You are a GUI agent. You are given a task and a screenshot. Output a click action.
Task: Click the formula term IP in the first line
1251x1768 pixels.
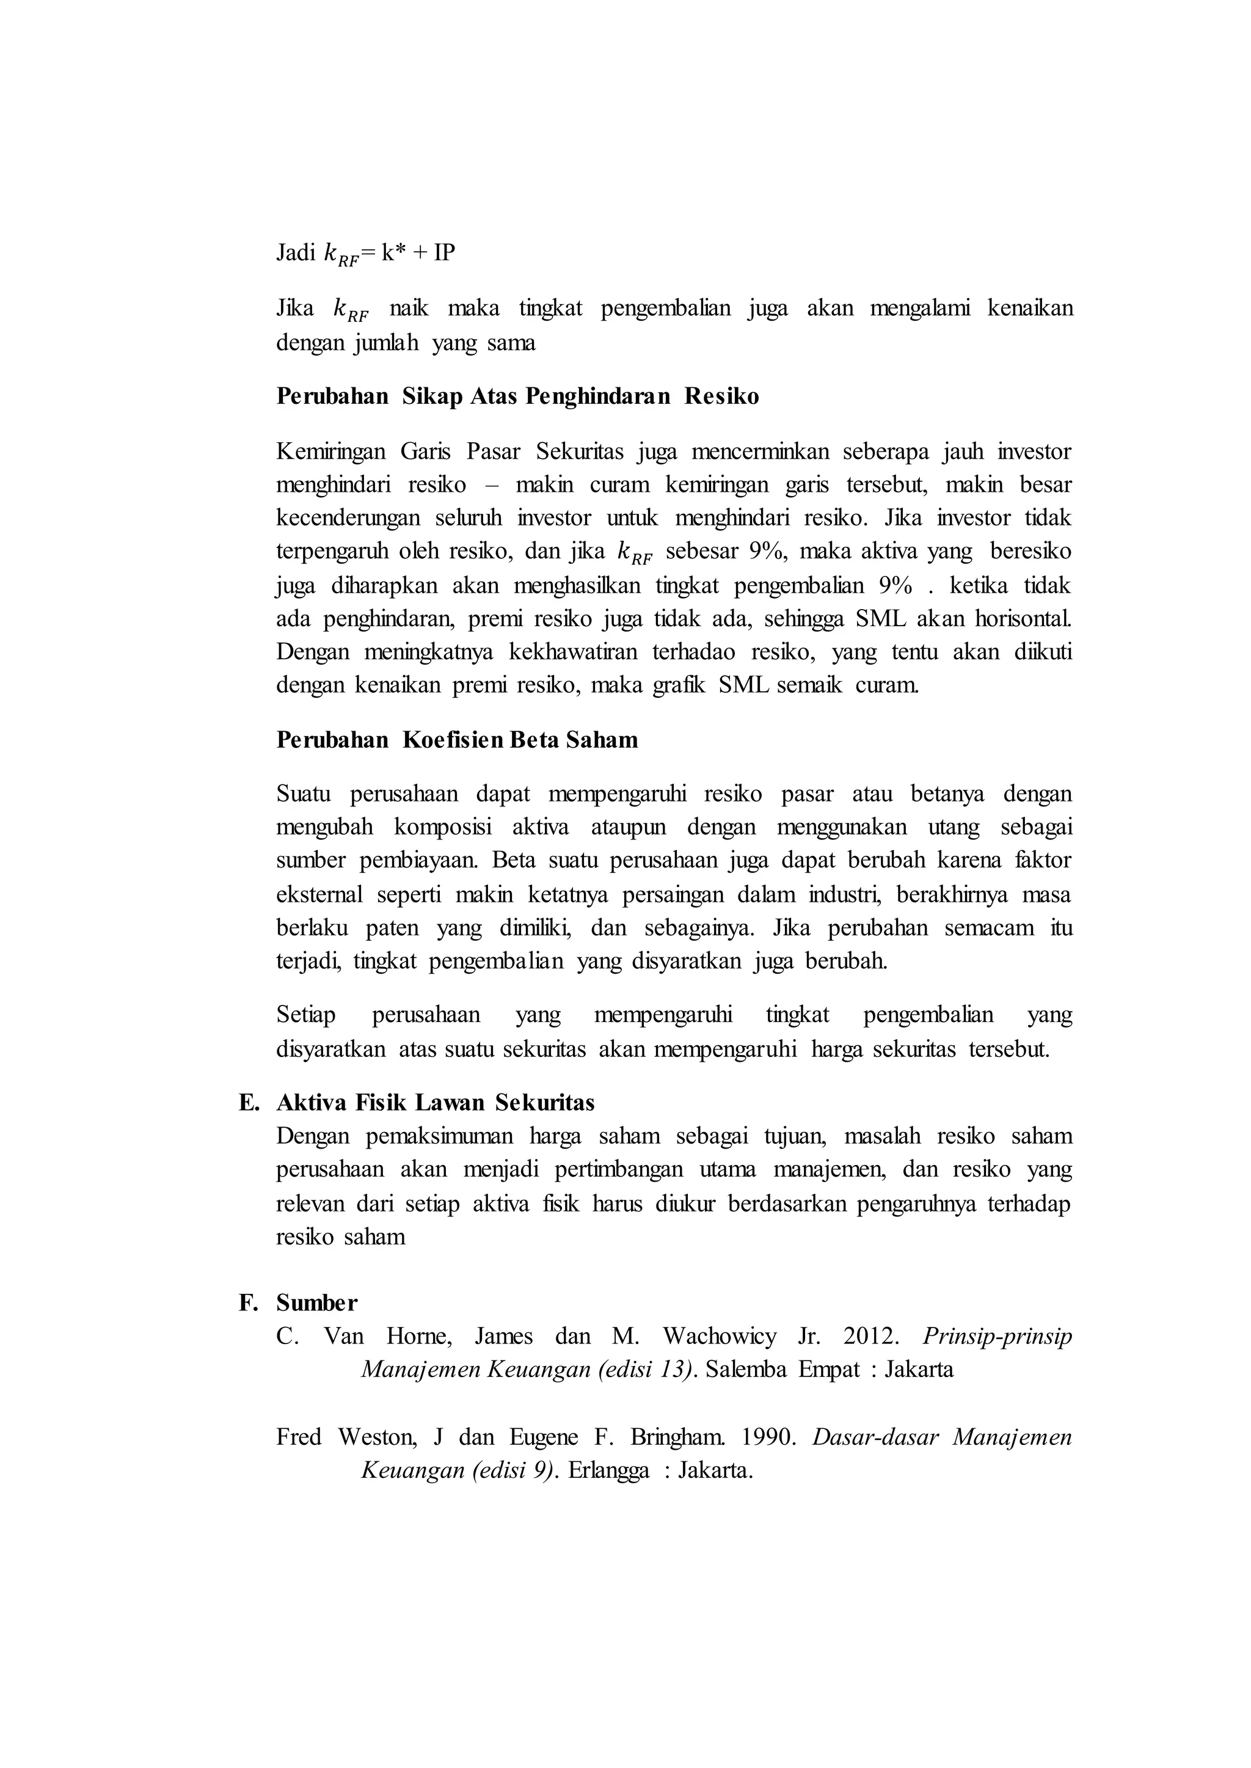[x=443, y=253]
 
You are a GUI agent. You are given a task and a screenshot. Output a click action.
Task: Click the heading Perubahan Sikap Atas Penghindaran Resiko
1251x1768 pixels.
[x=517, y=396]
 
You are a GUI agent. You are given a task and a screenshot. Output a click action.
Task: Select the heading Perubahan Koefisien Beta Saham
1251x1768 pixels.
[x=457, y=740]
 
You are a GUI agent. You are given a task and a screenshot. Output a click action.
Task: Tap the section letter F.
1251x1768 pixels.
[x=247, y=1302]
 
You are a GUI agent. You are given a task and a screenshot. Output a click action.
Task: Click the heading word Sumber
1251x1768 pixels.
[x=316, y=1302]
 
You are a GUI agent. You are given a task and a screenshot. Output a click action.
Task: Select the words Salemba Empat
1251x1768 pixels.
[x=779, y=1369]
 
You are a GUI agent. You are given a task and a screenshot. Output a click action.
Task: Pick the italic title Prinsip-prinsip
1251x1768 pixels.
[x=997, y=1336]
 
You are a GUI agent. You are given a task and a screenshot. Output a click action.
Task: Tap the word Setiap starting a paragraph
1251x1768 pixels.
[x=306, y=1015]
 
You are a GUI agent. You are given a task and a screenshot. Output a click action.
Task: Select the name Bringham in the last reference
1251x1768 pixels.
[x=676, y=1437]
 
